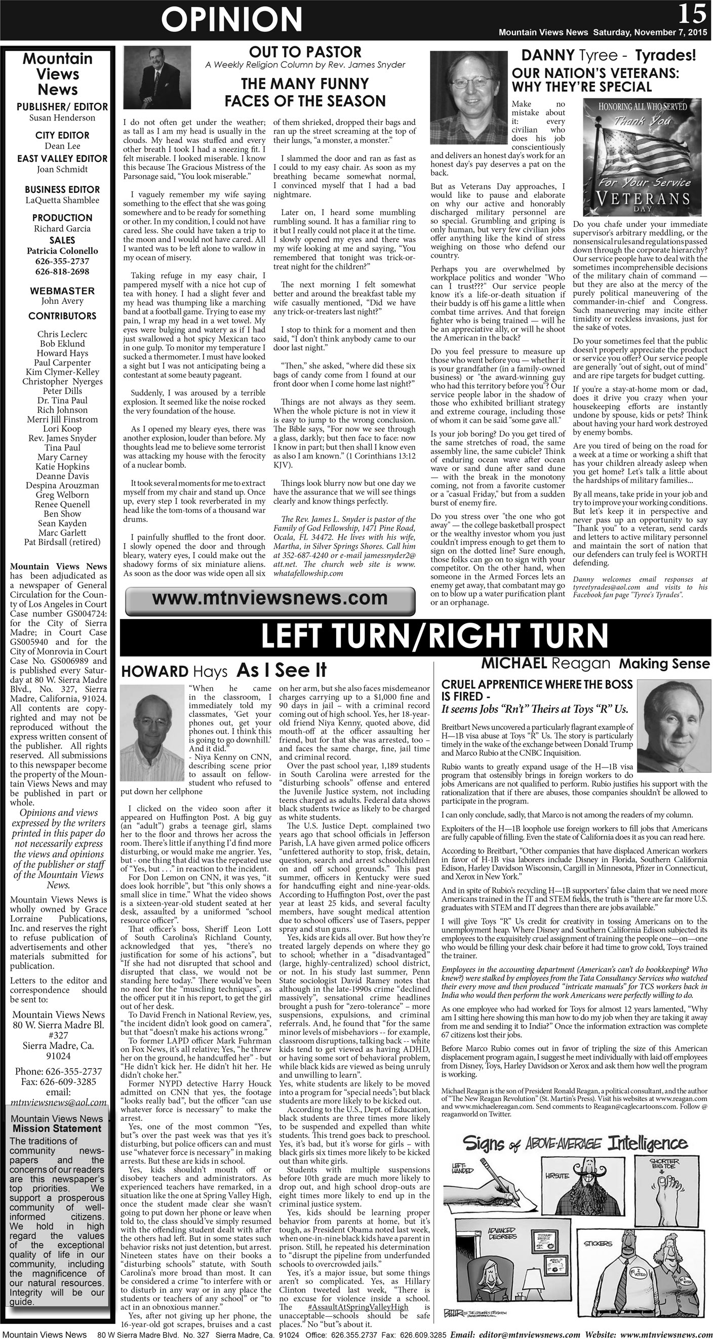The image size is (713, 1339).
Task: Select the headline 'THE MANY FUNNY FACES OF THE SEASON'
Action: click(x=305, y=92)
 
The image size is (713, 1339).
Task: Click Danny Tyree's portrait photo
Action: click(x=468, y=93)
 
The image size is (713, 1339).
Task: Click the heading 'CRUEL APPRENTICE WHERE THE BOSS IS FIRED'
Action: click(x=537, y=690)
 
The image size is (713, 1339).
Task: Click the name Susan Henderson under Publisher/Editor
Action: click(x=62, y=118)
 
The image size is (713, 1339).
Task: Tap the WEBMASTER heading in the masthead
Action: click(x=62, y=291)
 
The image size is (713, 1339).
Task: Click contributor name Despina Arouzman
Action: click(x=62, y=485)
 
